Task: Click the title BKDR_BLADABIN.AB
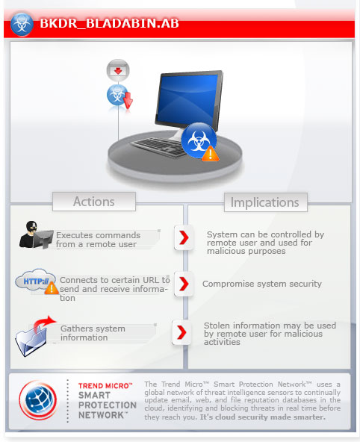[109, 23]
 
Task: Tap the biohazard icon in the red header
[22, 24]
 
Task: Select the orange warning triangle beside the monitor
[211, 154]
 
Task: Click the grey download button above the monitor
[118, 70]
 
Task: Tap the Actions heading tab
[94, 202]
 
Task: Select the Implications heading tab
[265, 202]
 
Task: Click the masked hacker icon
[36, 234]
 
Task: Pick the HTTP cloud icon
[36, 281]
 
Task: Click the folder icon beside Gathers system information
[34, 337]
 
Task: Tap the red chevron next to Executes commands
[184, 237]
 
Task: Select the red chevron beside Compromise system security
[184, 284]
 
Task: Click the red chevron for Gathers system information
[181, 332]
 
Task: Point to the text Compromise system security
[262, 284]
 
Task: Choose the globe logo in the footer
[38, 399]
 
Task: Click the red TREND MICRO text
[105, 386]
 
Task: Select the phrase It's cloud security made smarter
[263, 417]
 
